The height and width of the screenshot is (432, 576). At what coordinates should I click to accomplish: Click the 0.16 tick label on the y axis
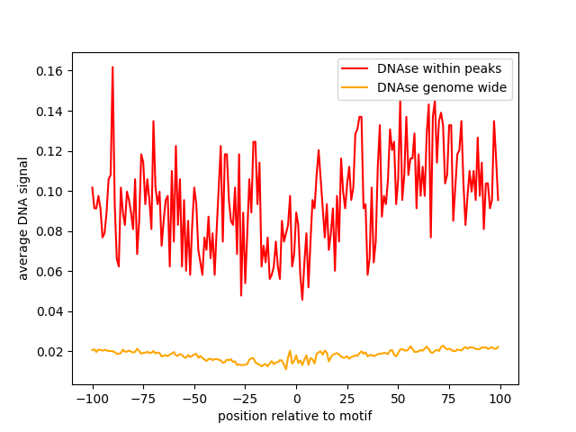pos(49,71)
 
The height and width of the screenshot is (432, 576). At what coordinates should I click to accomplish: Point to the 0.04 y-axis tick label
pos(49,311)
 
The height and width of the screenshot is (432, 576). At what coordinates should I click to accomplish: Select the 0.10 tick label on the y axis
pos(49,192)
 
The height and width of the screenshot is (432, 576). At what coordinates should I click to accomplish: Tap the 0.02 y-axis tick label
pos(49,352)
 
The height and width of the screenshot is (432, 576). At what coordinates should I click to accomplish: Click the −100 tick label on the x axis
pos(93,399)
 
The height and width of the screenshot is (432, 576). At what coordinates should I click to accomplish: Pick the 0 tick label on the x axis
pos(297,399)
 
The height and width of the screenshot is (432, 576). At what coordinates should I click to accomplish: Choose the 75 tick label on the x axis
pos(448,399)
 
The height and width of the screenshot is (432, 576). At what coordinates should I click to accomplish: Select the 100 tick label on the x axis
pos(499,399)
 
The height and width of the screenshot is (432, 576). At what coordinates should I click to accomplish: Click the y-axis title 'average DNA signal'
pos(22,219)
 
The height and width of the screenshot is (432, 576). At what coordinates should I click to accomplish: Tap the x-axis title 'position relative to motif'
pos(295,416)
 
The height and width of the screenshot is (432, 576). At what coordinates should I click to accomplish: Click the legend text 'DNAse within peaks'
pos(439,68)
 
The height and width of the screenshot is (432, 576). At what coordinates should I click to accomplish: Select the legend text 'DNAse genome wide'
pos(442,87)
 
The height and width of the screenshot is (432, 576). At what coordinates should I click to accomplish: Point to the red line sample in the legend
pos(355,68)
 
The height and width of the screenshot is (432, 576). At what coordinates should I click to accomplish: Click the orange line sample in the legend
pos(355,87)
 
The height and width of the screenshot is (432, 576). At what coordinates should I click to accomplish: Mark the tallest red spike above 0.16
pos(112,67)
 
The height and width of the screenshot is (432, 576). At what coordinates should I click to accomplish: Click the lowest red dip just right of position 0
pos(302,300)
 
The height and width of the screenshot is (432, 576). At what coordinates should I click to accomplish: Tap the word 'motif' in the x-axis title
pos(357,416)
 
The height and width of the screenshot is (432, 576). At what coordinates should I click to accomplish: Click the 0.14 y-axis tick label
pos(49,112)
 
